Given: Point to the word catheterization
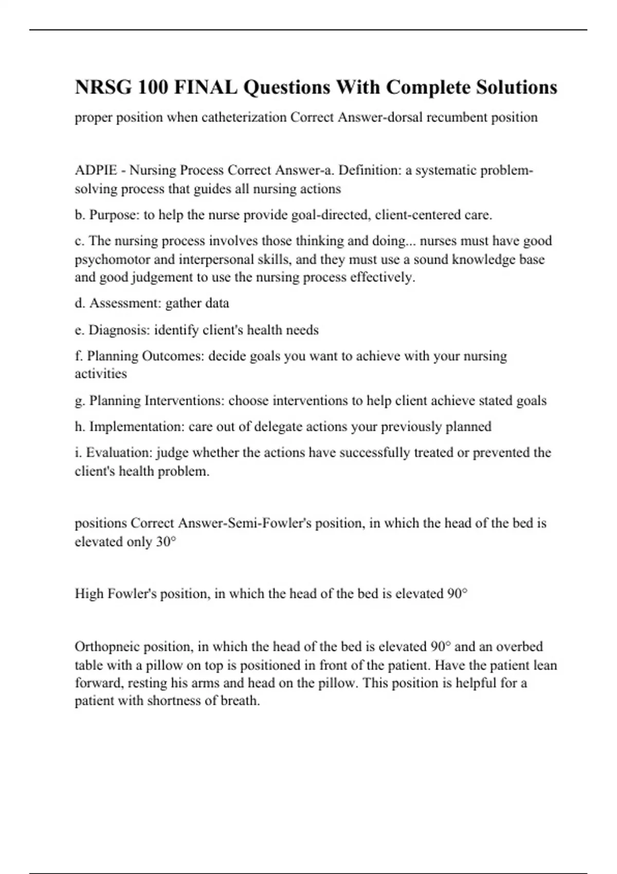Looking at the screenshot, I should [244, 118].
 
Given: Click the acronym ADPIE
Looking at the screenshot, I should [96, 170].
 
